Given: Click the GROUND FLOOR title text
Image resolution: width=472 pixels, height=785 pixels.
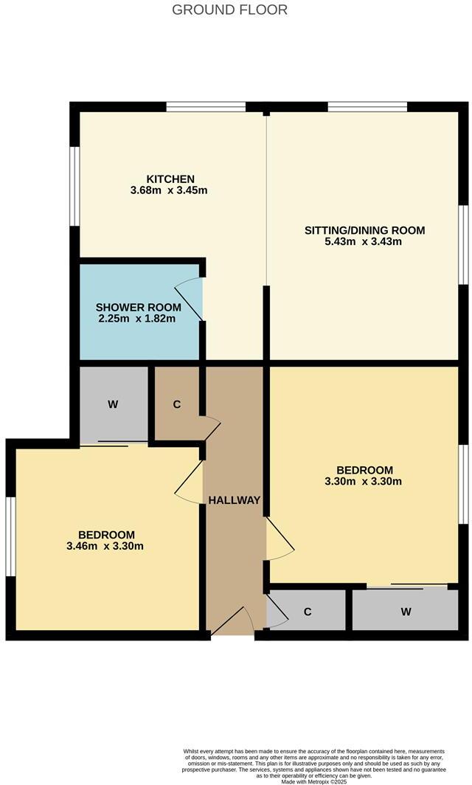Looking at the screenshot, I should [x=229, y=10].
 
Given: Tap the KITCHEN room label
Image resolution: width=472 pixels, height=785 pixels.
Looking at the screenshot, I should [x=170, y=179].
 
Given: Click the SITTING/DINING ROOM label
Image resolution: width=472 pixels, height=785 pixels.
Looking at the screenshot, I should [x=365, y=230].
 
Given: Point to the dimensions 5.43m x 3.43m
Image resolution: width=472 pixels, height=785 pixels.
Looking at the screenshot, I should [x=365, y=242].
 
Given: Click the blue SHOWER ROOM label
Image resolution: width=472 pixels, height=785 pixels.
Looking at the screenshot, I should [x=139, y=307].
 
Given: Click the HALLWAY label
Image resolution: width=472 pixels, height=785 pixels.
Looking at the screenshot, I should [x=235, y=500].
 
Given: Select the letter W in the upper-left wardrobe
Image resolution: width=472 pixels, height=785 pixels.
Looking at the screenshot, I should [x=113, y=404].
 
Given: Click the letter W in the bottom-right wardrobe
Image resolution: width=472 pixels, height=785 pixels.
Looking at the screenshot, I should [x=406, y=612].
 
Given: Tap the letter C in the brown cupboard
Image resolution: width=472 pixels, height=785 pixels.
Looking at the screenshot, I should [x=177, y=405].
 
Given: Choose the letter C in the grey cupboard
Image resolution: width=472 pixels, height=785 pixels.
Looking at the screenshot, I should [x=308, y=612].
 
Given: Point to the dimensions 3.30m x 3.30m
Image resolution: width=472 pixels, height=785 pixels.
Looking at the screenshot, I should [x=365, y=482].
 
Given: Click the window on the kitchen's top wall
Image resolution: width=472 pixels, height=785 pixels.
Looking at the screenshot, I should [x=206, y=107].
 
